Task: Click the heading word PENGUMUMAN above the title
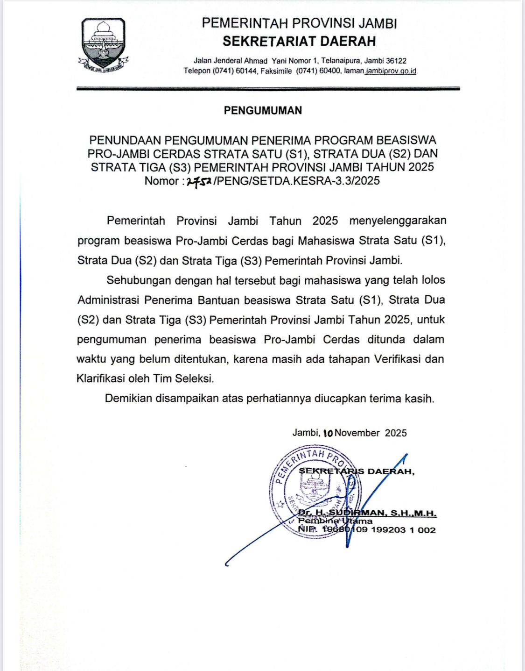[x=263, y=111]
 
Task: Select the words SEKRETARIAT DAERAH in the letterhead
[x=299, y=42]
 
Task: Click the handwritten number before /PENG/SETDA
[x=199, y=181]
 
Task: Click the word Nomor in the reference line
[x=161, y=181]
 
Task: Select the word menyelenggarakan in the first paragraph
[x=398, y=221]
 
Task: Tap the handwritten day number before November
[x=328, y=433]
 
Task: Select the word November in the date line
[x=357, y=433]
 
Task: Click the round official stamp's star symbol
[x=280, y=504]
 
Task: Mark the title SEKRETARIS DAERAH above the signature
[x=357, y=471]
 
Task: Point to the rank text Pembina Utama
[x=335, y=521]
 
